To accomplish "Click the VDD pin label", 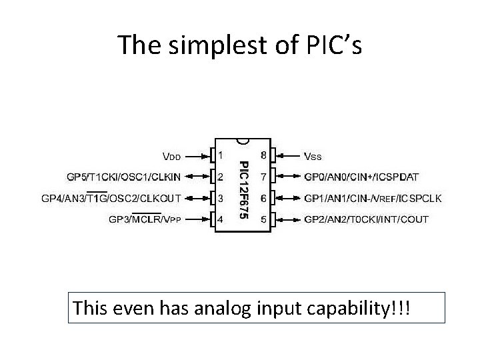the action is [172, 157].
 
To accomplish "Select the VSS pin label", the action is [313, 157].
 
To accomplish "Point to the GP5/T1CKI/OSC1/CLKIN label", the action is [123, 177].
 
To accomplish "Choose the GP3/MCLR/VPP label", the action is [145, 219].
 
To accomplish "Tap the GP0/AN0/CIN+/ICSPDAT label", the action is [361, 177].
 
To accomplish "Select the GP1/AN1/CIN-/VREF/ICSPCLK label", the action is [373, 198].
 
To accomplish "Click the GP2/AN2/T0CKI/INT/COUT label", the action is [366, 219].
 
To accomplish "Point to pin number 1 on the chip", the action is [221, 155].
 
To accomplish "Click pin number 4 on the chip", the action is [221, 219].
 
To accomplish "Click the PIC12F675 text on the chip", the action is [244, 190].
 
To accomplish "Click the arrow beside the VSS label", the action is [287, 157].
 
